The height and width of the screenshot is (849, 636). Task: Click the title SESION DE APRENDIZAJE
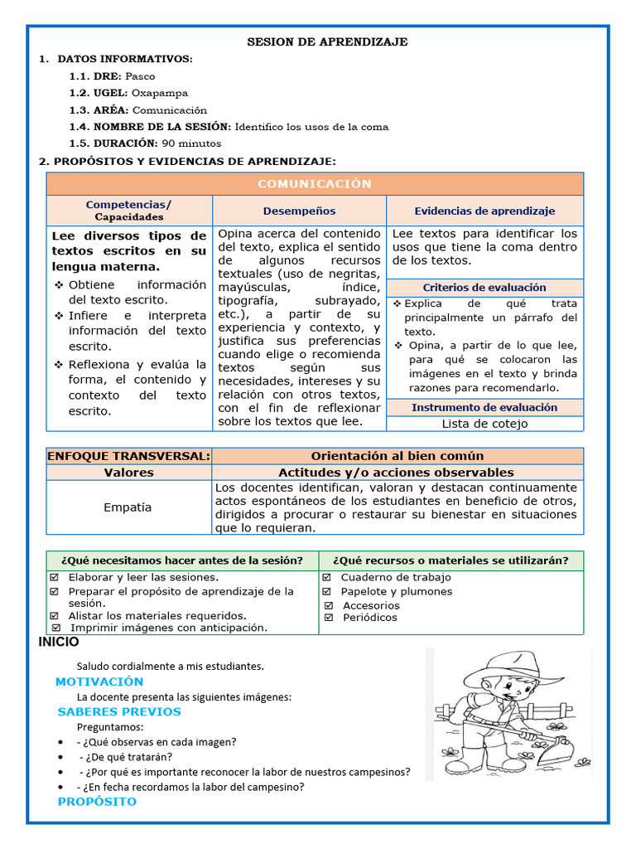coord(328,42)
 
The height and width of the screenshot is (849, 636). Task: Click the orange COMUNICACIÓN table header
coord(315,184)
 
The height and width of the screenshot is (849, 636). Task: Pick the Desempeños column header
coord(299,211)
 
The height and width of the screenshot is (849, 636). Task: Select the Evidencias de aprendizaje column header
coord(484,211)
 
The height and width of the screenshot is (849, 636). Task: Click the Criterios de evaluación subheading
coord(484,288)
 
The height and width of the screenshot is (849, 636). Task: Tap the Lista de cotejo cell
coord(484,424)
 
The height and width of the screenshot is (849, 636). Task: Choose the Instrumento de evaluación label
coord(484,407)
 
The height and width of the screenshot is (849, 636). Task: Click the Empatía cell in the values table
coord(128,507)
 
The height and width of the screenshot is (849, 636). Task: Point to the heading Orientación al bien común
coord(397,456)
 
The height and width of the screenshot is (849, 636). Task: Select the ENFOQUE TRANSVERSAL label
coord(129,456)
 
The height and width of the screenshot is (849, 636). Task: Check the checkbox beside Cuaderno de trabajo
coord(329,577)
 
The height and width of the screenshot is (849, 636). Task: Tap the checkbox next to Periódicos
coord(329,618)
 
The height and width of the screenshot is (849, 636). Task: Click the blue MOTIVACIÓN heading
coord(99,682)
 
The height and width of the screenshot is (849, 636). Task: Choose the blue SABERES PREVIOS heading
coord(119,711)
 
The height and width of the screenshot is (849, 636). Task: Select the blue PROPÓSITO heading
coord(97,802)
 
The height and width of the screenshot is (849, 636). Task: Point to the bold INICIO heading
coord(59,643)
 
